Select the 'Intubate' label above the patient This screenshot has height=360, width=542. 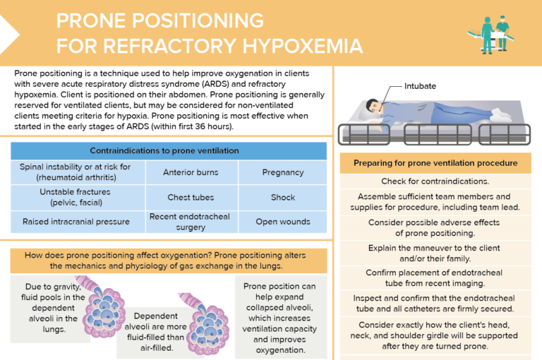pos(420,86)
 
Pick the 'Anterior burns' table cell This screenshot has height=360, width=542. pos(191,172)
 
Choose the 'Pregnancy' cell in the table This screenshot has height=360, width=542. pos(283,172)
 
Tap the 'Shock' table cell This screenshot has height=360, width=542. pos(283,198)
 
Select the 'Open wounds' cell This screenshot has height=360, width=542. pos(283,222)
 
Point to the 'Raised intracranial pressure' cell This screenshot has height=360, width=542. pos(76,222)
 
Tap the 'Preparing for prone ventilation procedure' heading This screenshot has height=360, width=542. pos(435,163)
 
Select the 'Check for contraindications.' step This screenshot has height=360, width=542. pos(435,181)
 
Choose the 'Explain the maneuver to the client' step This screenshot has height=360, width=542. pos(435,253)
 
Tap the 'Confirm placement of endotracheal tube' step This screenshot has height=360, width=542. pos(435,278)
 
